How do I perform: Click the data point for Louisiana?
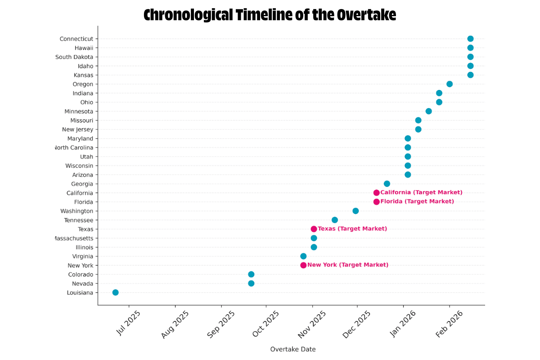pyautogui.click(x=115, y=292)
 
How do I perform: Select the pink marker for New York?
pyautogui.click(x=303, y=265)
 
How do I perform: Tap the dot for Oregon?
pyautogui.click(x=450, y=84)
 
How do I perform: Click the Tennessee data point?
pyautogui.click(x=335, y=220)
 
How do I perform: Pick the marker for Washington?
pyautogui.click(x=355, y=211)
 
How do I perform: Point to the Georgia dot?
pyautogui.click(x=387, y=184)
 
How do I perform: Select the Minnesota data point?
pyautogui.click(x=428, y=111)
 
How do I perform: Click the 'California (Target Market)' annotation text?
pyautogui.click(x=421, y=193)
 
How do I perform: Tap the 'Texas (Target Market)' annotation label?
pyautogui.click(x=352, y=229)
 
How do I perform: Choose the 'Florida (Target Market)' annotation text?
pyautogui.click(x=417, y=202)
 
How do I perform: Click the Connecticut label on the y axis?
pyautogui.click(x=76, y=39)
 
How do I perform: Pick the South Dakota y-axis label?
pyautogui.click(x=74, y=57)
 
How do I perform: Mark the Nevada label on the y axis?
pyautogui.click(x=82, y=283)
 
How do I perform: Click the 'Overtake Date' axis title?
pyautogui.click(x=292, y=349)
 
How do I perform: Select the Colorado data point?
pyautogui.click(x=251, y=274)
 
